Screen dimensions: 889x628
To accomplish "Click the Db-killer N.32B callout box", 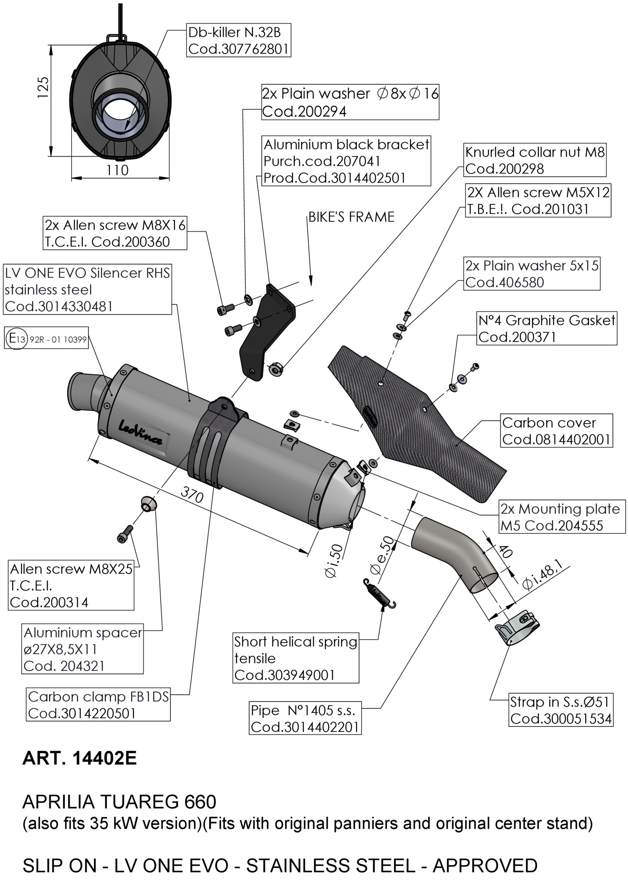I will click(238, 41).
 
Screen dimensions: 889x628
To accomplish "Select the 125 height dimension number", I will click(43, 87).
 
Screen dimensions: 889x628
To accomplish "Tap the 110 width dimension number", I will click(117, 170).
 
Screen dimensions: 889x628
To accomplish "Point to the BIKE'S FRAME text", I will click(351, 217).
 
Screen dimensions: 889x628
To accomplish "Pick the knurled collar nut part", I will click(275, 369).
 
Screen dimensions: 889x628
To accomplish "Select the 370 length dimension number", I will click(192, 495).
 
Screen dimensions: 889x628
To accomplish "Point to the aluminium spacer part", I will click(148, 503).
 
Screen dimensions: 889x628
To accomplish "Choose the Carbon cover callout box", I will click(556, 431).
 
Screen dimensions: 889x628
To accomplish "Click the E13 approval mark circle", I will click(17, 339).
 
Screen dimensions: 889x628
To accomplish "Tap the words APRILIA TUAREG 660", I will click(119, 801).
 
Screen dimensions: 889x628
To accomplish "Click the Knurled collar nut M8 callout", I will click(535, 160).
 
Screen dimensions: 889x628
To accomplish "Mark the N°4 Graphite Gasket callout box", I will click(547, 328).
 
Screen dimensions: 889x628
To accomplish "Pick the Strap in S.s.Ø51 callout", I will click(561, 710).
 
